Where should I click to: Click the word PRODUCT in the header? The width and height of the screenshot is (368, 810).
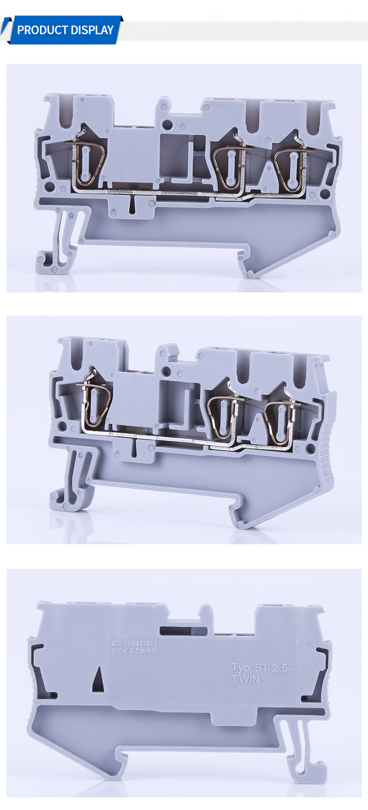click(42, 30)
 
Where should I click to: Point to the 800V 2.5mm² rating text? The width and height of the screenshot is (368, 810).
click(133, 651)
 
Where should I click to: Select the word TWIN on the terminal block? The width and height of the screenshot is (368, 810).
click(245, 679)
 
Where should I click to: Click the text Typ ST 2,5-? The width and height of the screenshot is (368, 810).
click(262, 668)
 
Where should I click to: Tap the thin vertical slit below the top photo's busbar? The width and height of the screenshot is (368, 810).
click(132, 202)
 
